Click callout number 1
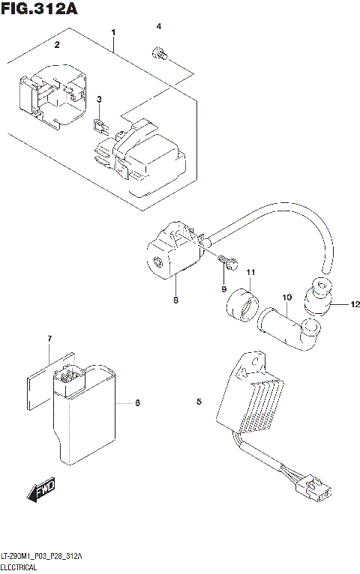[x=113, y=32]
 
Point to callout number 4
[x=158, y=27]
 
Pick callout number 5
[x=199, y=403]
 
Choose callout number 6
[x=137, y=403]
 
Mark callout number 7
[x=49, y=339]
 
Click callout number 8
[x=175, y=300]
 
